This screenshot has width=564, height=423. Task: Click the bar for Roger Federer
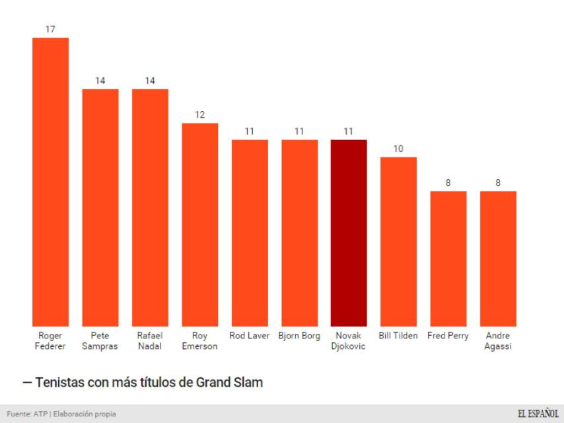tap(51, 182)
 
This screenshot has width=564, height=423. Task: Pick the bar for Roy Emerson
tap(200, 224)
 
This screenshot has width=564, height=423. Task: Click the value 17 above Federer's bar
tap(51, 30)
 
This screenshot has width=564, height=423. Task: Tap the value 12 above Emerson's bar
tap(200, 115)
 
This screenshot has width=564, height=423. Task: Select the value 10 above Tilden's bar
tap(398, 149)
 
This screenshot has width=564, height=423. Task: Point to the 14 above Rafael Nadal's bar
tap(150, 81)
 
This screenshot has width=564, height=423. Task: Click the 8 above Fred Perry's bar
tap(448, 183)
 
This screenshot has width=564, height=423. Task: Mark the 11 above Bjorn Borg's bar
tap(299, 132)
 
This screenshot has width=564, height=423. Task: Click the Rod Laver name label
tap(250, 336)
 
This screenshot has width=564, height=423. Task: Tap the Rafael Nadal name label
tap(150, 341)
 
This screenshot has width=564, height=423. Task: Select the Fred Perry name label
tap(448, 336)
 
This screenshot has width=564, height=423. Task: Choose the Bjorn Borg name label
tap(299, 336)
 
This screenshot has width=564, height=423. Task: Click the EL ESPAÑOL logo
tap(538, 414)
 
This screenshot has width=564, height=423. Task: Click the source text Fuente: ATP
tap(24, 414)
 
